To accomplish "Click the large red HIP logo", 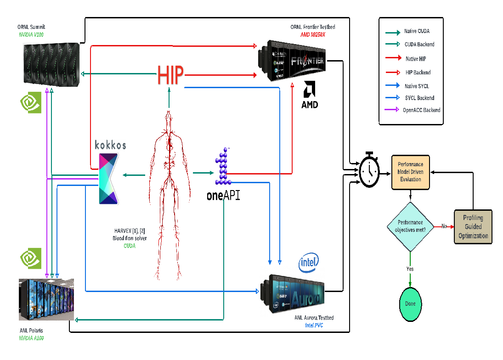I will pyautogui.click(x=170, y=75).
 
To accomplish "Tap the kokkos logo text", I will pyautogui.click(x=110, y=146).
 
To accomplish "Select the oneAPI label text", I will pyautogui.click(x=223, y=196).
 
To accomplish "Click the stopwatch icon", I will pyautogui.click(x=369, y=170).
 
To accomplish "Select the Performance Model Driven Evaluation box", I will pyautogui.click(x=410, y=172).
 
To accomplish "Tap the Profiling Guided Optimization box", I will pyautogui.click(x=473, y=227).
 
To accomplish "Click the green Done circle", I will pyautogui.click(x=410, y=304).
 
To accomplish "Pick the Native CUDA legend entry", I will pyautogui.click(x=417, y=32).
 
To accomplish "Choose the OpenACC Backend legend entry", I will pyautogui.click(x=421, y=110).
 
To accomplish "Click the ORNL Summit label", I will pyautogui.click(x=31, y=27).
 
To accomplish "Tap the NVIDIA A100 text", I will pyautogui.click(x=32, y=338).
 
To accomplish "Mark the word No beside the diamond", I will pyautogui.click(x=444, y=226).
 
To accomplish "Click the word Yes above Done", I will pyautogui.click(x=410, y=269).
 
